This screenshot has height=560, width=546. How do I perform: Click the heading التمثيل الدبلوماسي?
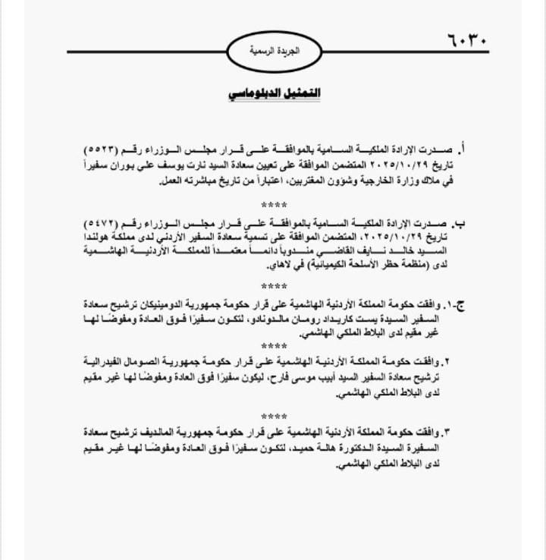click(x=274, y=93)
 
